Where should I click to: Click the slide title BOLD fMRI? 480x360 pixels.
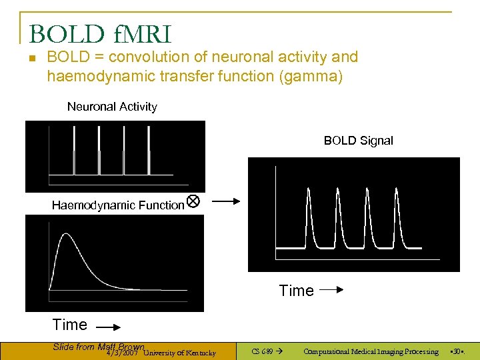pyautogui.click(x=100, y=33)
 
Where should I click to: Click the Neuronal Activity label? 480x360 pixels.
pyautogui.click(x=112, y=107)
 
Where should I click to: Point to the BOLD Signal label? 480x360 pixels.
pyautogui.click(x=358, y=141)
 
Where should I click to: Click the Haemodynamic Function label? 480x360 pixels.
pyautogui.click(x=117, y=205)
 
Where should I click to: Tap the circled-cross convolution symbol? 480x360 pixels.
pyautogui.click(x=193, y=201)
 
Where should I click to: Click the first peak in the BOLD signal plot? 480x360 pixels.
pyautogui.click(x=309, y=193)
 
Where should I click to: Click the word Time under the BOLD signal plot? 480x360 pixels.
pyautogui.click(x=296, y=291)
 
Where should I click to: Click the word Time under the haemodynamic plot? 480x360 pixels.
pyautogui.click(x=70, y=325)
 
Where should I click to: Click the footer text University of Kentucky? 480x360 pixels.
pyautogui.click(x=179, y=353)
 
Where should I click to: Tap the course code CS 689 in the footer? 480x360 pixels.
pyautogui.click(x=263, y=351)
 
